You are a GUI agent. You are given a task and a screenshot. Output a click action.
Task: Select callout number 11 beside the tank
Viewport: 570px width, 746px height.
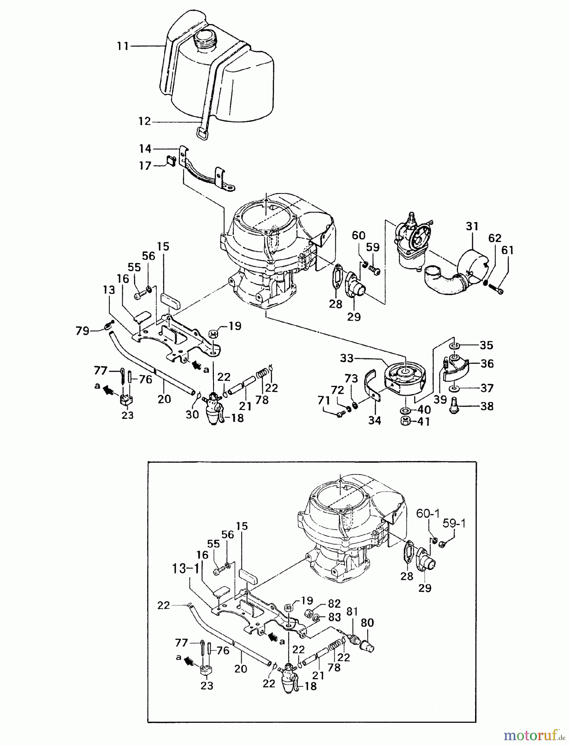click(x=123, y=46)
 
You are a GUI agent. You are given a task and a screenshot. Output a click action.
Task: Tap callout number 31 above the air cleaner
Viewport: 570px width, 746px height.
click(x=472, y=226)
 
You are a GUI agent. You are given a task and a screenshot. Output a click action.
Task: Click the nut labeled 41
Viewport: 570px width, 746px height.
click(x=405, y=421)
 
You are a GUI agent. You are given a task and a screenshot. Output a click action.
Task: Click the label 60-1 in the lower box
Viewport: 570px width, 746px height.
click(x=428, y=514)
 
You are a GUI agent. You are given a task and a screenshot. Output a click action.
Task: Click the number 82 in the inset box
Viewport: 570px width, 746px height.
click(x=334, y=603)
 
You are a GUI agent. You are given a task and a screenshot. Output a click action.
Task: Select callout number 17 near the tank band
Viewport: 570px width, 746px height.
click(x=145, y=166)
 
